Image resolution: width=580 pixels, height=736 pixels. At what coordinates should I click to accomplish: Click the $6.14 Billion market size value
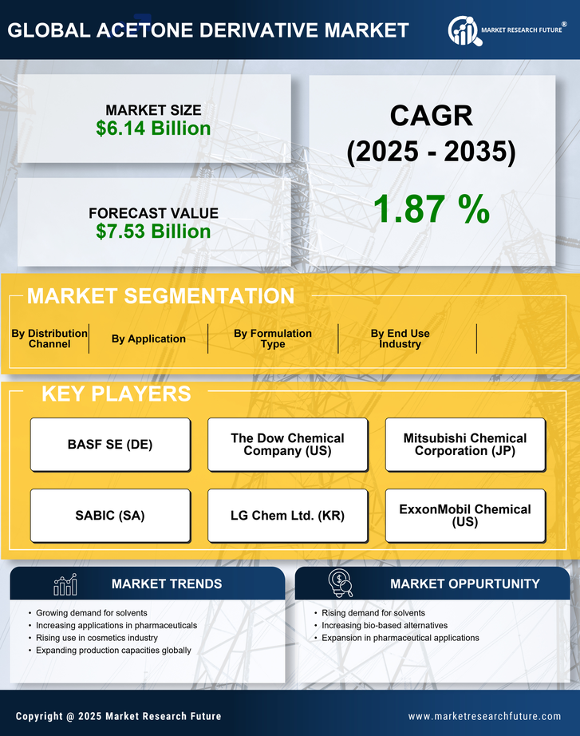(x=153, y=129)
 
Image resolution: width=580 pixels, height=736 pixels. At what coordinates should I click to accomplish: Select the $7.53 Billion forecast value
(x=153, y=231)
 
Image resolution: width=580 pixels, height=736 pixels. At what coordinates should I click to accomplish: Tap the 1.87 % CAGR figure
(x=431, y=208)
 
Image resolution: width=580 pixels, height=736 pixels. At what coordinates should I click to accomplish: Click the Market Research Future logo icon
(x=463, y=30)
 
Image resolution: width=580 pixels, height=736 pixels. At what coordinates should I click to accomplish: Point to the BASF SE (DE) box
(x=110, y=445)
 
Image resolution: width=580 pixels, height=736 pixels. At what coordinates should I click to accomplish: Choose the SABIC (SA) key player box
(x=110, y=516)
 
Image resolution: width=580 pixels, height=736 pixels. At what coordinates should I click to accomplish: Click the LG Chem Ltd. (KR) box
(x=287, y=516)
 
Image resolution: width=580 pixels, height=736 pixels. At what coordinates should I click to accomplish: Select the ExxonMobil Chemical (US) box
(x=465, y=516)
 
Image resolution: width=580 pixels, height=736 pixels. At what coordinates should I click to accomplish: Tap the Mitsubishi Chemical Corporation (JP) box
(x=465, y=445)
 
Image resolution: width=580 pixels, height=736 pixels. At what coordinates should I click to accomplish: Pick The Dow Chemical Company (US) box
(x=287, y=445)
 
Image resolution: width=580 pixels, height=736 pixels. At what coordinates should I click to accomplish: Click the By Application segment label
(x=148, y=338)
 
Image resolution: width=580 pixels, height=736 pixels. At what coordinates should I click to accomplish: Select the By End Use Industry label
(x=400, y=338)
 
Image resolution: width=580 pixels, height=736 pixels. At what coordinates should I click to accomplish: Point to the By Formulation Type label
(x=273, y=338)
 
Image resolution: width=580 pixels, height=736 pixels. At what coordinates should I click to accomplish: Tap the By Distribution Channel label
(x=49, y=338)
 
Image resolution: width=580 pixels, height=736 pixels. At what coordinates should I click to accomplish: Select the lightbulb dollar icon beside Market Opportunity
(x=340, y=584)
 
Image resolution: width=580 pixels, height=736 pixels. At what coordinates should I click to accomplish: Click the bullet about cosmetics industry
(x=97, y=638)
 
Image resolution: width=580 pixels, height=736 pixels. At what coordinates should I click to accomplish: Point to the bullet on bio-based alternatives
(x=385, y=625)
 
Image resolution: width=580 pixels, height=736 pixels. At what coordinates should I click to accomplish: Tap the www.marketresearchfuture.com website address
(x=484, y=716)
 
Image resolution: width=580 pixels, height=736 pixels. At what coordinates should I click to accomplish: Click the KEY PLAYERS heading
(x=116, y=394)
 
